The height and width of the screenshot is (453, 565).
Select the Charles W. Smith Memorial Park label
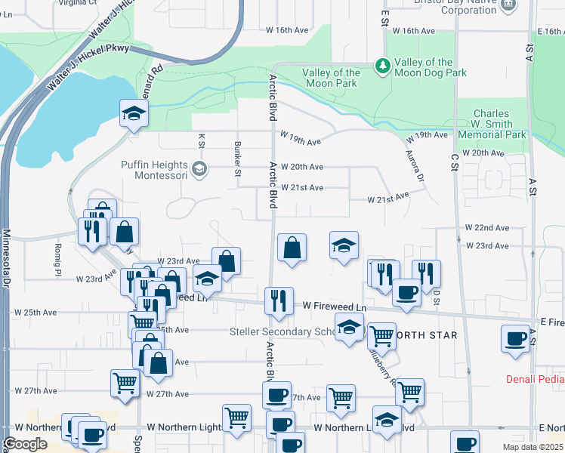[x=492, y=124]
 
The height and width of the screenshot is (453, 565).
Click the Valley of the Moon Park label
[x=331, y=78]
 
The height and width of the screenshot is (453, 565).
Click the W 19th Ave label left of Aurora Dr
[x=301, y=137]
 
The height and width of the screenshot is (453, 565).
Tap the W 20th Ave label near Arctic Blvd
[x=302, y=167]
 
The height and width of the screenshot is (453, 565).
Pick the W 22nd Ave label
[x=487, y=227]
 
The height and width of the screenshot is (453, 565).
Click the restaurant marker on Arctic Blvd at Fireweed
[x=279, y=300]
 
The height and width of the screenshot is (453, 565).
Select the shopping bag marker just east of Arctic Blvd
[x=292, y=248]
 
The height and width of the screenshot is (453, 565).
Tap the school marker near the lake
[x=134, y=113]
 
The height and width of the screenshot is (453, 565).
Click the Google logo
[x=25, y=444]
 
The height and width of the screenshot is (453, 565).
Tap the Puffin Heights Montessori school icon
[x=199, y=168]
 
